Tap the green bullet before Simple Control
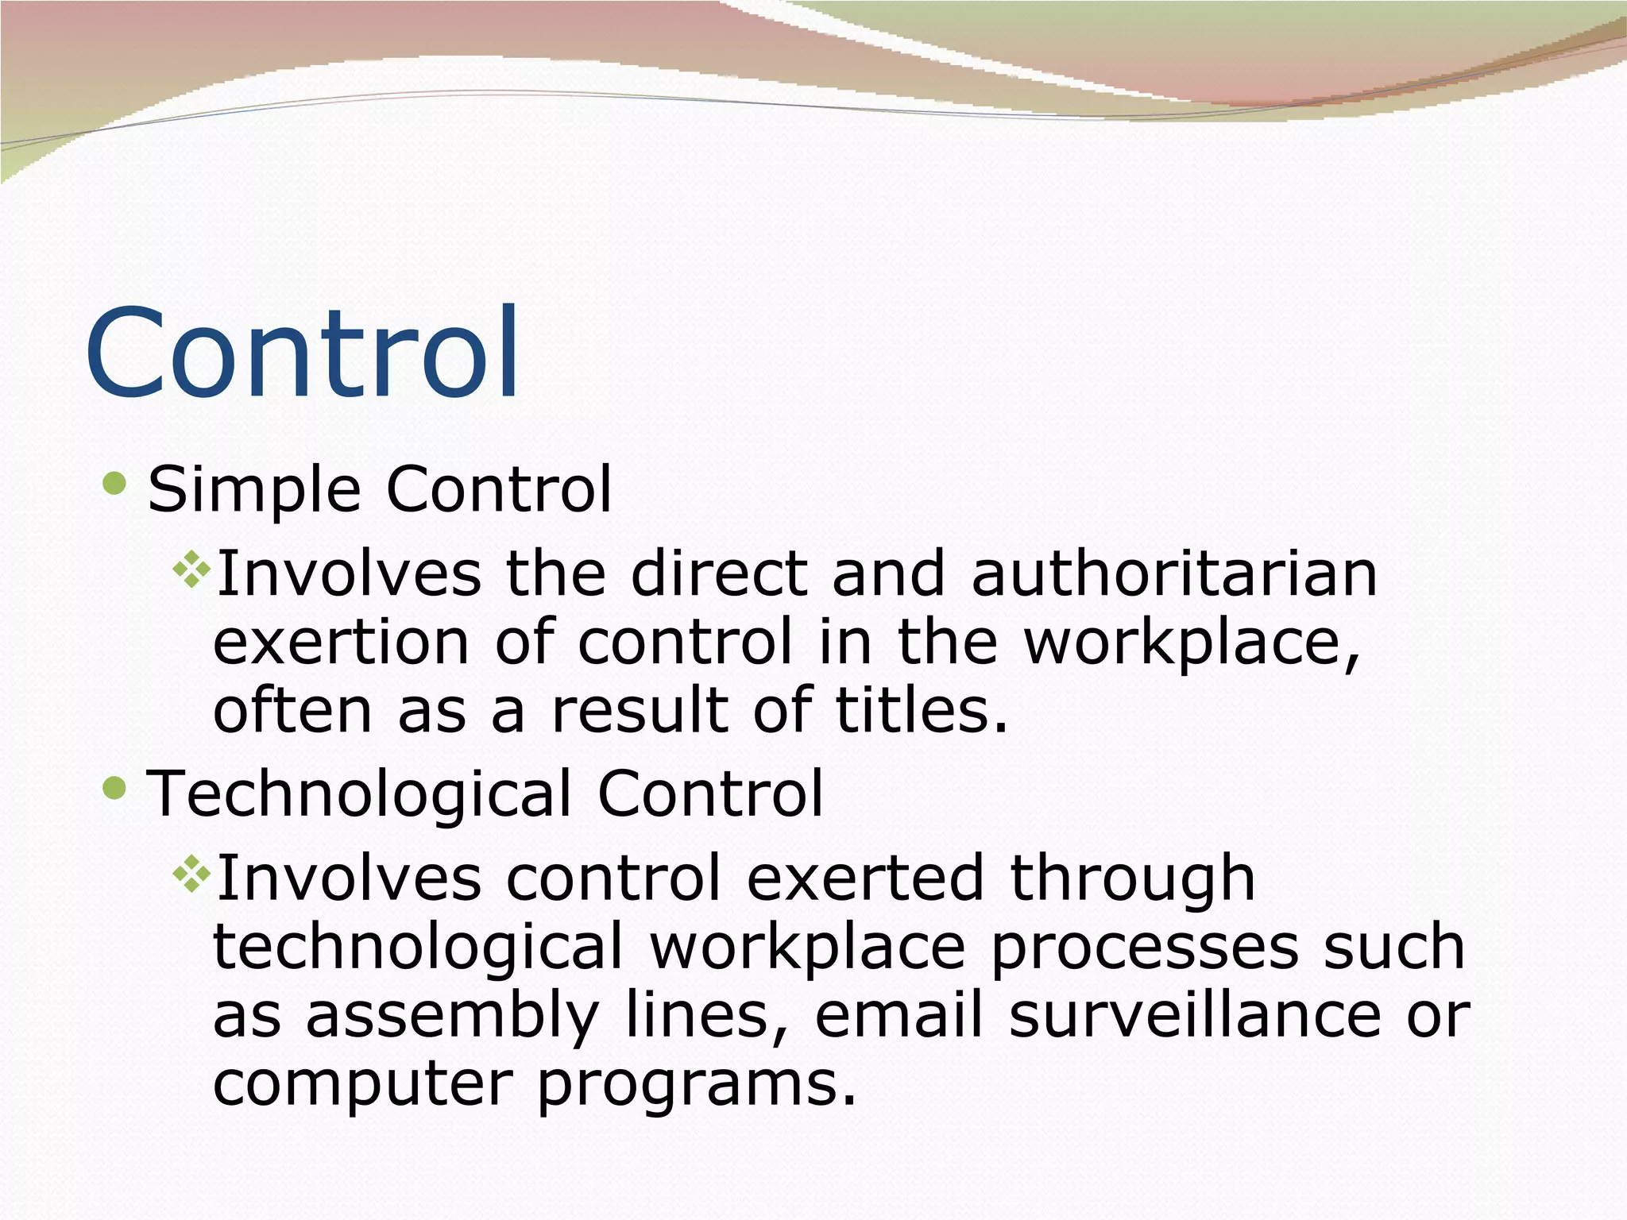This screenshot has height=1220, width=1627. click(115, 483)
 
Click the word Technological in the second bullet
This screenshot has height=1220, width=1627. click(359, 794)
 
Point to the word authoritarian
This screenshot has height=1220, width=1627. click(1174, 573)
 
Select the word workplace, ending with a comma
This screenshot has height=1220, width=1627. click(1192, 643)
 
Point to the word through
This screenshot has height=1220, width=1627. click(1132, 880)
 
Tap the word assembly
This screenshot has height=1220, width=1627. click(452, 1017)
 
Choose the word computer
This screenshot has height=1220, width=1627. click(362, 1085)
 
